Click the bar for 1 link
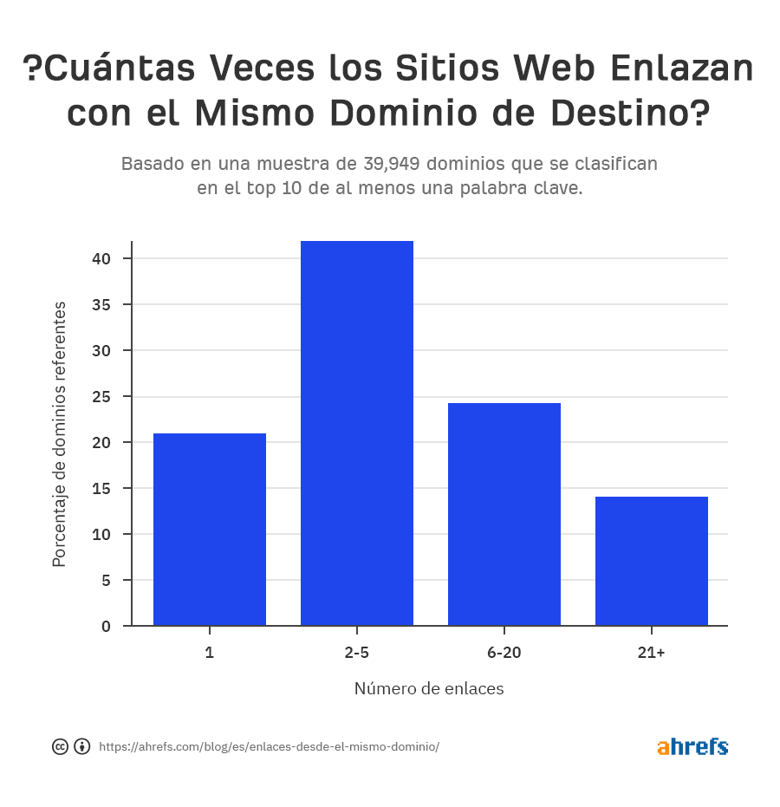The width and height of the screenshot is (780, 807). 210,529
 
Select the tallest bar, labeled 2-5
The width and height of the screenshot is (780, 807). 357,433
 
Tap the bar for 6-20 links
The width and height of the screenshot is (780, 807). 504,514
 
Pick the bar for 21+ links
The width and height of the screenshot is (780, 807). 652,561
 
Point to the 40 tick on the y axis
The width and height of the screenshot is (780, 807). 103,258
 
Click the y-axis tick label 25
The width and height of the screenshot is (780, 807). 103,396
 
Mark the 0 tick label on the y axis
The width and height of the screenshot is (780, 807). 106,626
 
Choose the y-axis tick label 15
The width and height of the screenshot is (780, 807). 103,488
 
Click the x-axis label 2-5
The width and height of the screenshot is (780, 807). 357,652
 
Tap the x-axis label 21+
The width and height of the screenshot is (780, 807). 652,652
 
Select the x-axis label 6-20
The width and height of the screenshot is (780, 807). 504,652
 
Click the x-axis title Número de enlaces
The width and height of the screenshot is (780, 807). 429,689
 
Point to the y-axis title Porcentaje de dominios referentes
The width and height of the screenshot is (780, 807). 59,433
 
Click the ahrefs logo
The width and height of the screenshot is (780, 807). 692,746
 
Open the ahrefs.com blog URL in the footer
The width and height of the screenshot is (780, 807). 269,746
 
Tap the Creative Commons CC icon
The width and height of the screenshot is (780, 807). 60,746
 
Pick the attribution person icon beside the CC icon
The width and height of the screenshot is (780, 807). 82,746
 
